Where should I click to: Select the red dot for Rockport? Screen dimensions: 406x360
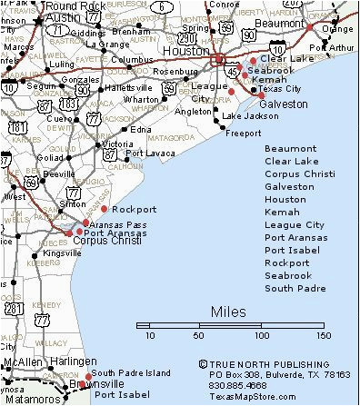click(x=105, y=209)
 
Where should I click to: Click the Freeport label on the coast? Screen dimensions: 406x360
click(x=243, y=133)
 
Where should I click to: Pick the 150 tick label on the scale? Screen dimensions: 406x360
click(x=323, y=336)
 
